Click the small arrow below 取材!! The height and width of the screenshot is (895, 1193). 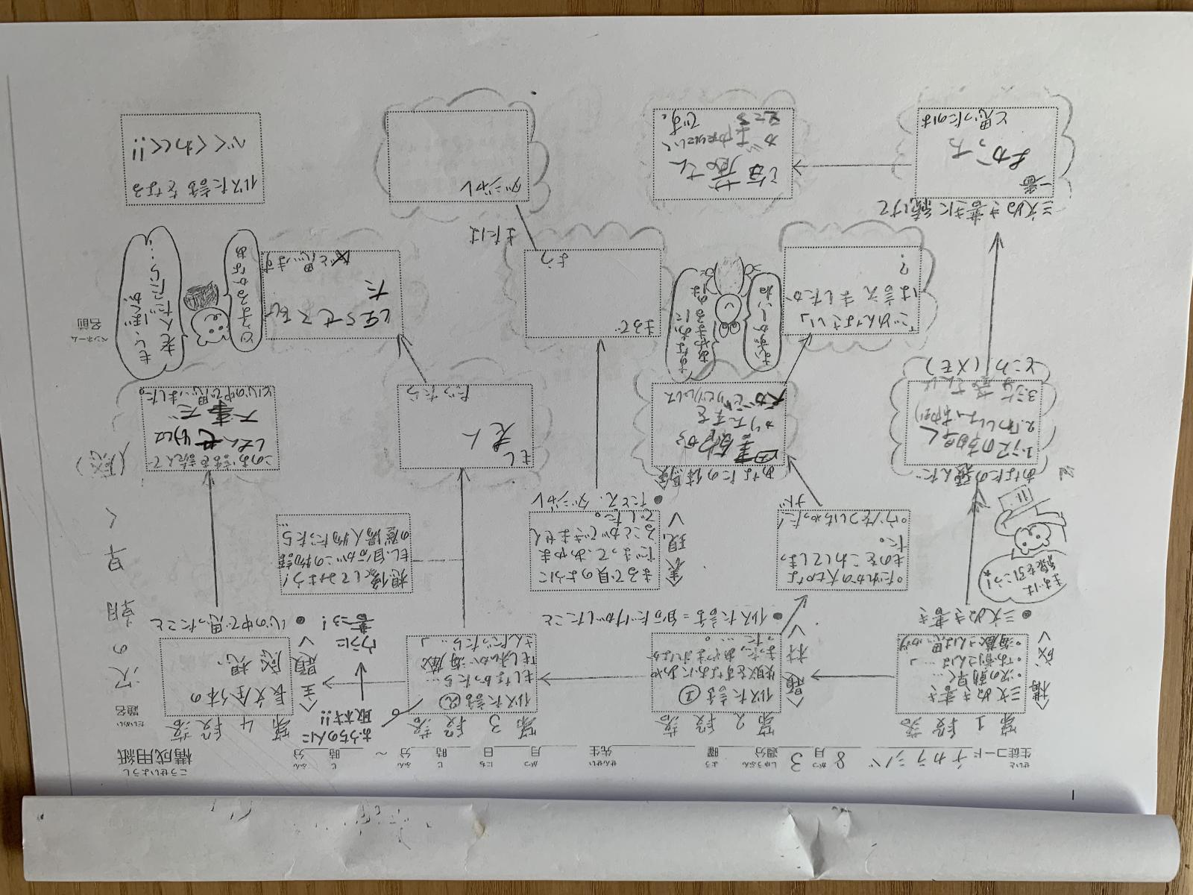point(364,672)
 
